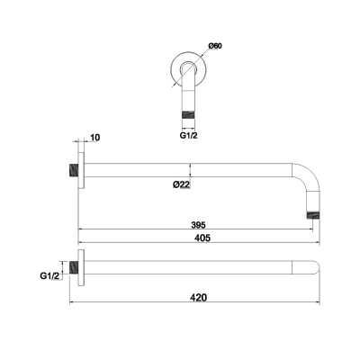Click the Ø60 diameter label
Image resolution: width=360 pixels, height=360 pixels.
[x=215, y=46]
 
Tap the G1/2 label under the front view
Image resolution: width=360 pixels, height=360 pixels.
[x=189, y=135]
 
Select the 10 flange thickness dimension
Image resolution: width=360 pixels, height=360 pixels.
[x=94, y=138]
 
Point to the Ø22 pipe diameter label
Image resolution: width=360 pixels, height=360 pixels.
[x=182, y=184]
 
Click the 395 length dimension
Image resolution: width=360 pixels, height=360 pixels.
[x=198, y=224]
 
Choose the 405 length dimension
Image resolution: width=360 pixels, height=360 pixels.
[x=202, y=238]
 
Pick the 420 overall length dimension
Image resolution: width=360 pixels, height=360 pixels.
[x=199, y=298]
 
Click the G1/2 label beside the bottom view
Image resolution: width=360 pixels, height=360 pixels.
[x=49, y=276]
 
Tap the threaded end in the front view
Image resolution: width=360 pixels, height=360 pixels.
[x=189, y=115]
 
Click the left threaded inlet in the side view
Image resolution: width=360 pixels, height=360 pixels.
[x=74, y=170]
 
